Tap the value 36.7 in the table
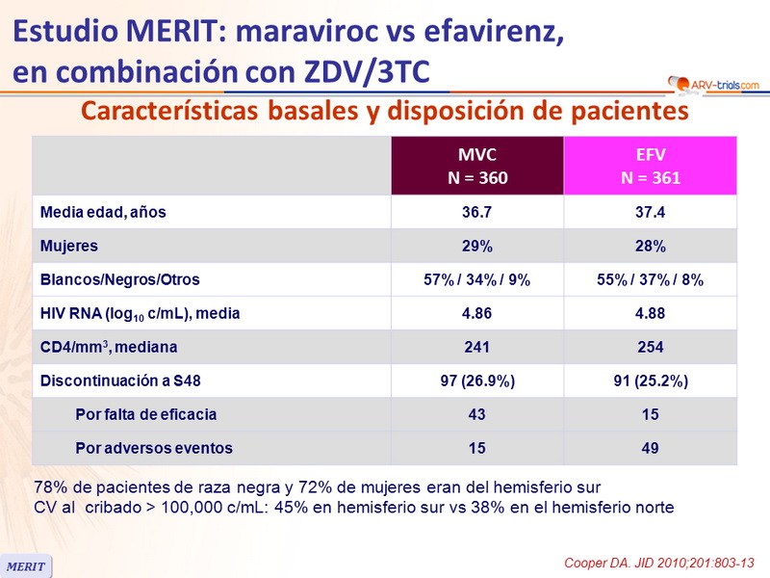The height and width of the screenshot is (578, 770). coord(476,213)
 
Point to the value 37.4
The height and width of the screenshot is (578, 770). coord(650,213)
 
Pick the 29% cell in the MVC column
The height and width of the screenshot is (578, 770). coord(476,247)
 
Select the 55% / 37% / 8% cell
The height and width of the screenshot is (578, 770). coord(650,280)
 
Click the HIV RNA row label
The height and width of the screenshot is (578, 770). coord(139,313)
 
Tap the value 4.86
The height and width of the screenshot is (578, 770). coord(476,313)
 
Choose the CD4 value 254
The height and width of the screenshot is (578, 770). coord(650,347)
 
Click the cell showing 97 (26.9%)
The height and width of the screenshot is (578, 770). coord(476,381)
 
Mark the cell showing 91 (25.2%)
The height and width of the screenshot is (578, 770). coord(650,381)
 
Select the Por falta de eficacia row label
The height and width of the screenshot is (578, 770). coord(145,414)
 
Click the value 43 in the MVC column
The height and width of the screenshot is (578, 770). coord(476,414)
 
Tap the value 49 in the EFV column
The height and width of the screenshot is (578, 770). coord(650,448)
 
